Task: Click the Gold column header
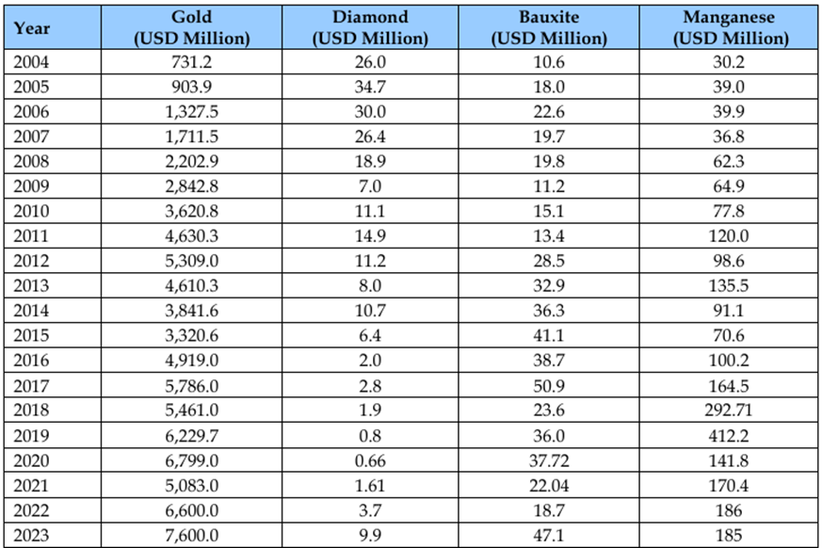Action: pos(192,28)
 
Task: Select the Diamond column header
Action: pos(371,28)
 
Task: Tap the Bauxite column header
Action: pos(550,28)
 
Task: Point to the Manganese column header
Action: pos(731,28)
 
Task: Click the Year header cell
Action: pos(33,28)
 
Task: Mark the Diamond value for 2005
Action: pos(371,86)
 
